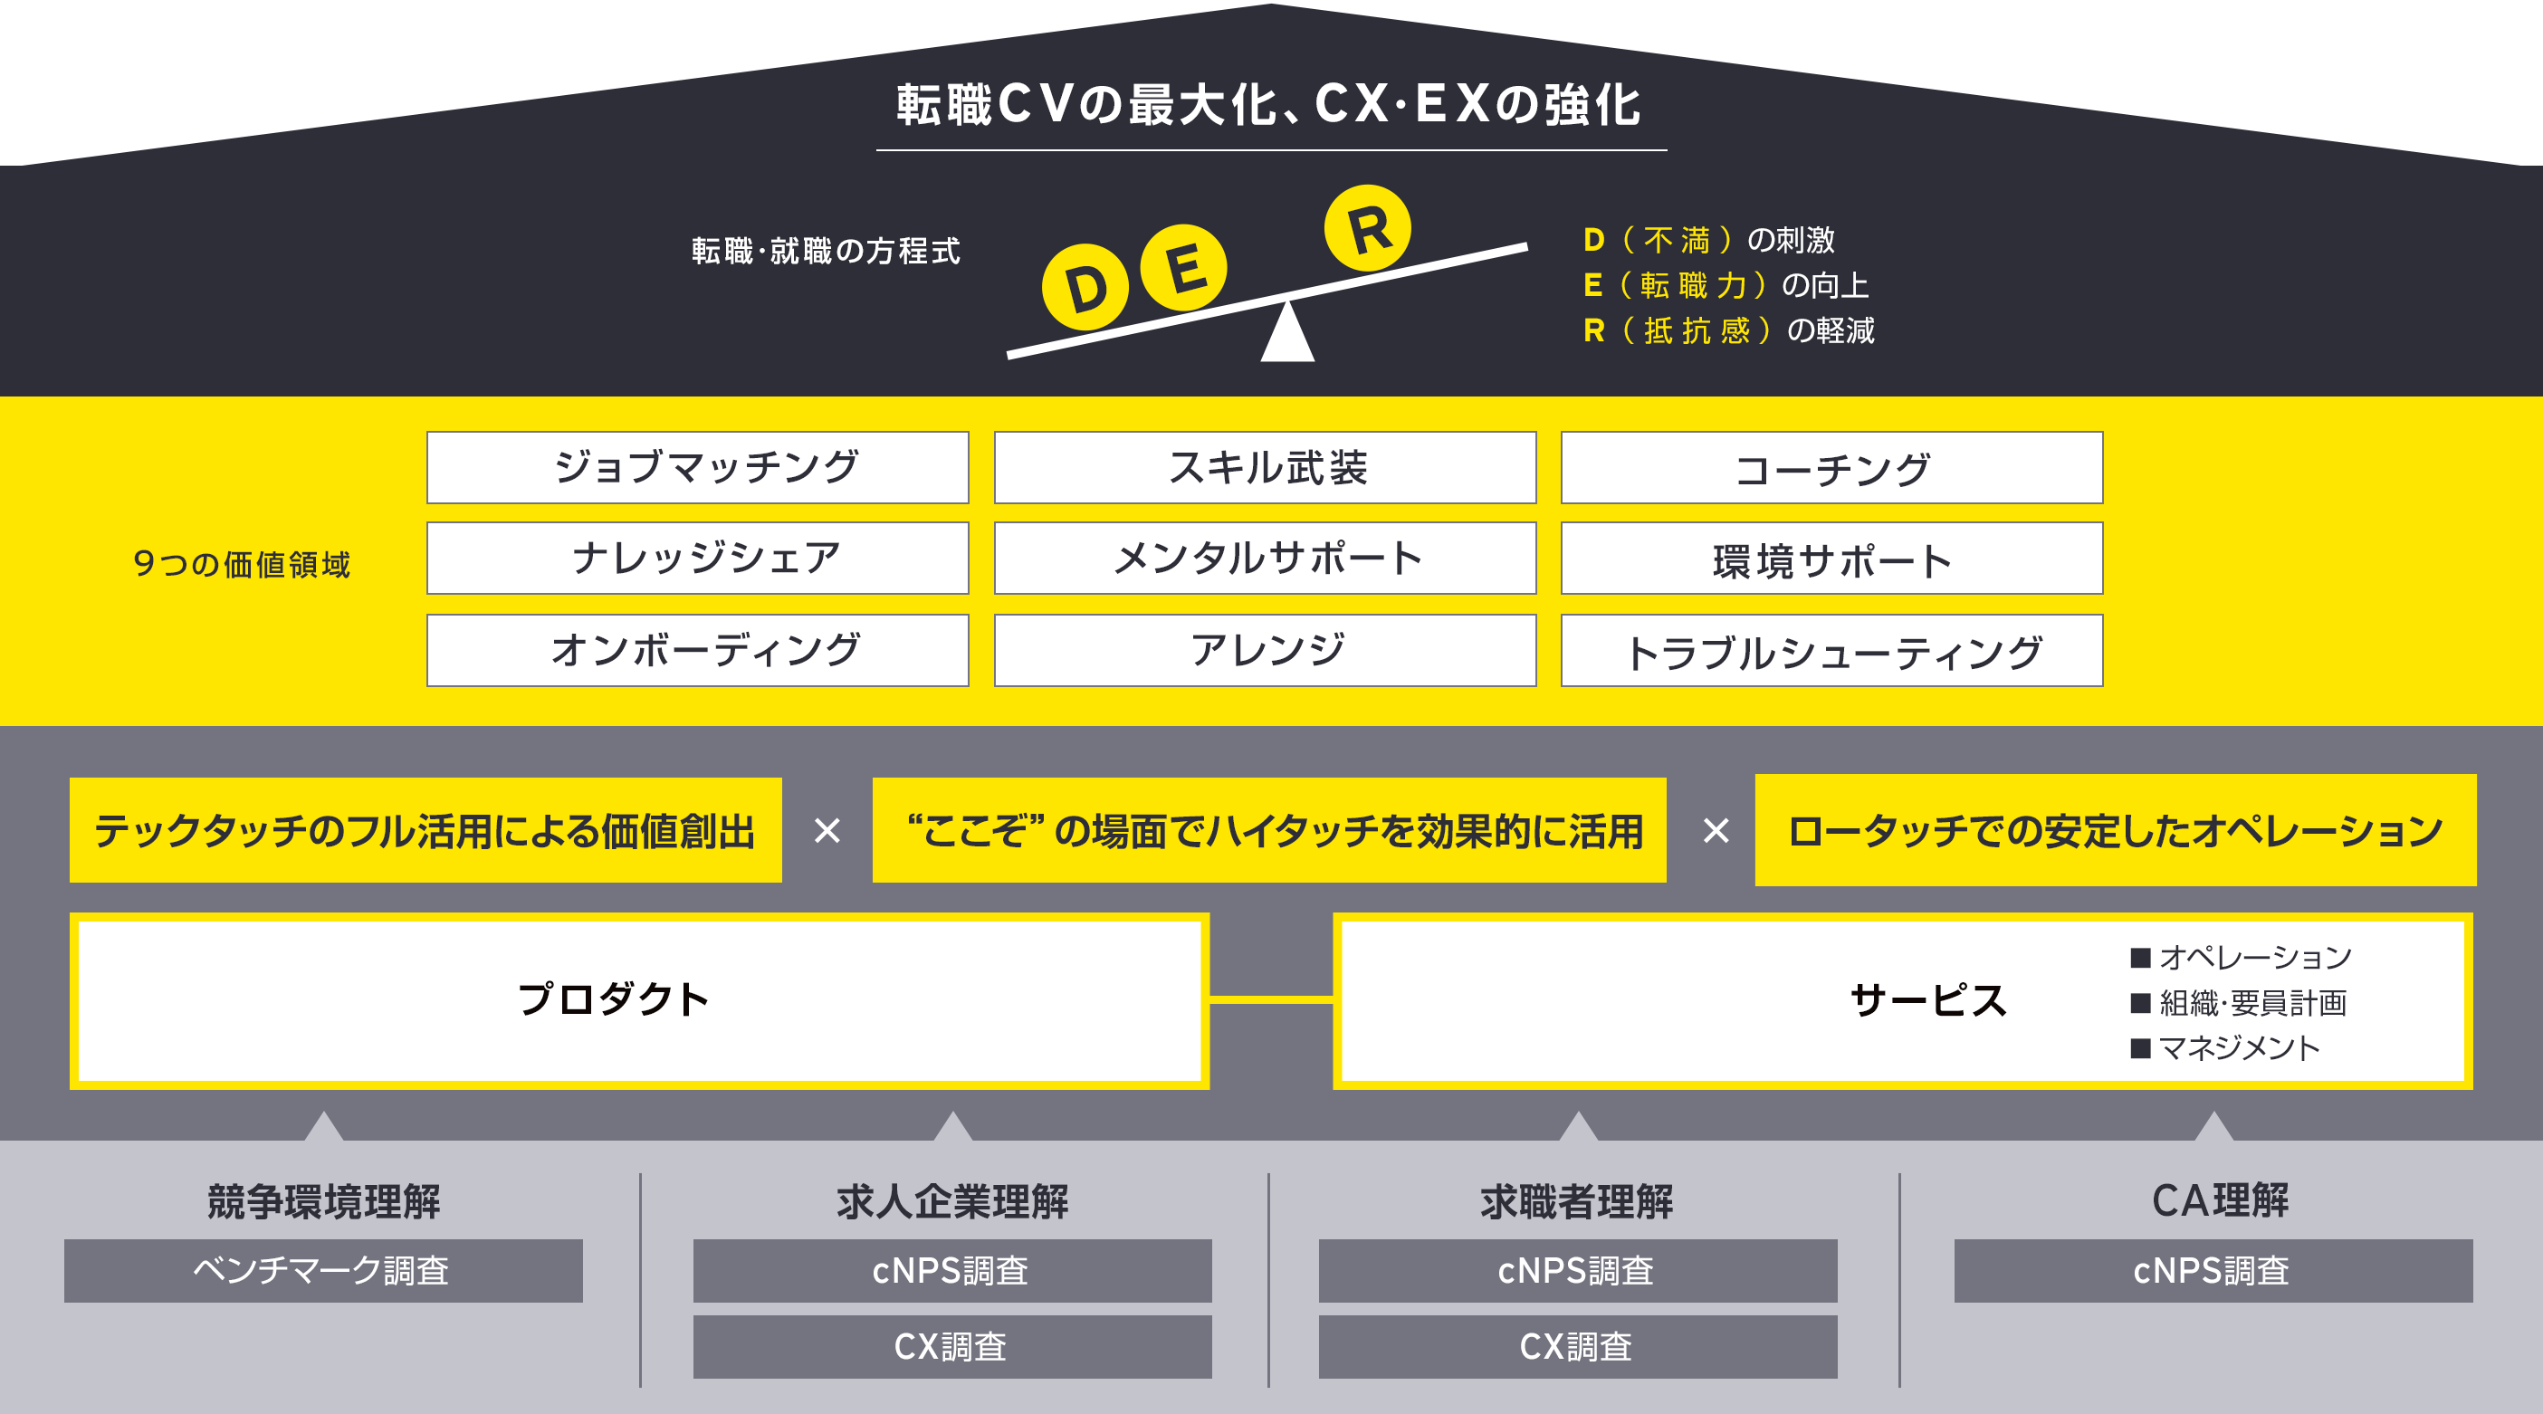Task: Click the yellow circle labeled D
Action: (1085, 287)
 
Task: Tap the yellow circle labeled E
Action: (1183, 268)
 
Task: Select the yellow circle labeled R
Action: (1367, 228)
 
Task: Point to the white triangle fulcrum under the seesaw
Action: (1287, 336)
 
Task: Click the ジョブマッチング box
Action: (697, 467)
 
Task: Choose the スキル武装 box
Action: (1265, 467)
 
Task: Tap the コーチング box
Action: (1831, 467)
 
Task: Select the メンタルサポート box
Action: (1265, 558)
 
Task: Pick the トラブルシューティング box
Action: (1831, 651)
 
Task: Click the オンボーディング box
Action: (697, 651)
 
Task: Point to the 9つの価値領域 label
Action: (242, 564)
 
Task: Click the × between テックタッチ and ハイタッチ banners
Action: (827, 830)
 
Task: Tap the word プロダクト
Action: (613, 999)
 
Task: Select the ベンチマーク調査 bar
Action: (323, 1271)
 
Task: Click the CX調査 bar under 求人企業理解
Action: (951, 1347)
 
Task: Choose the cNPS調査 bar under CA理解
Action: (2213, 1271)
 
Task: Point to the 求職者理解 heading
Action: (1576, 1201)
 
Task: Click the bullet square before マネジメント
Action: (2140, 1047)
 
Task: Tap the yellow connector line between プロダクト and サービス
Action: (1271, 1000)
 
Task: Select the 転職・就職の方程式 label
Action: (826, 251)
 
